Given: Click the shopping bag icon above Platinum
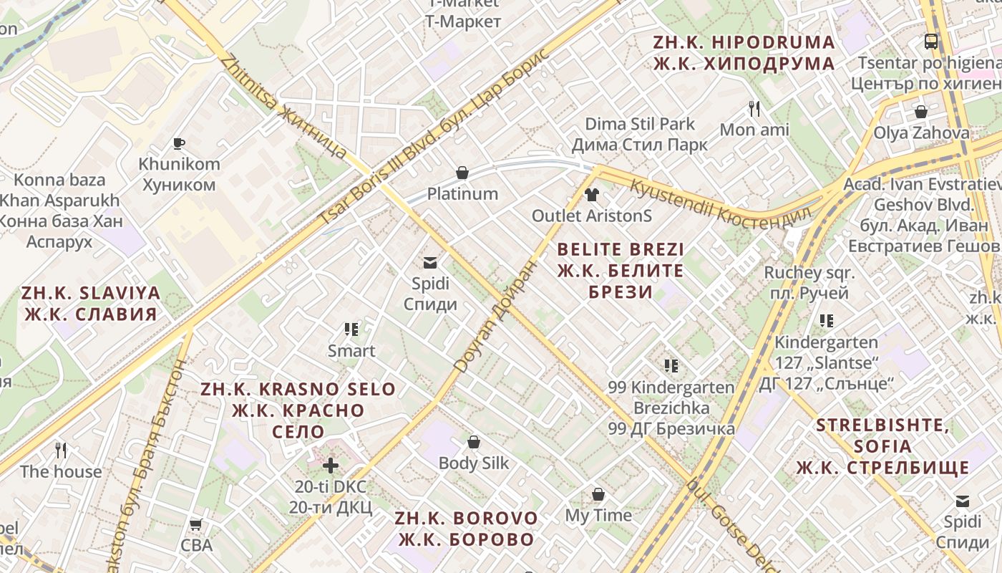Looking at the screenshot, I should coord(462,173).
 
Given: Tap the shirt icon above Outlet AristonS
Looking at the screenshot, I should coord(591,194).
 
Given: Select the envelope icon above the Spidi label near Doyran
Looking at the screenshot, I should coord(430,263).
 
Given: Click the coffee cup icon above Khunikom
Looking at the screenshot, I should coord(179,143).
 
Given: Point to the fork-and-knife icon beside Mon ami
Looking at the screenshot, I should coord(754,109).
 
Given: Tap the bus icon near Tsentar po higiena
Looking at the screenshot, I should coord(930,42).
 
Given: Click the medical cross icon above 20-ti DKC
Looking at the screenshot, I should coord(330,466).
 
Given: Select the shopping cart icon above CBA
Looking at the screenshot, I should coord(195,524).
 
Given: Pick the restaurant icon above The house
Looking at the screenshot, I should coord(61,451).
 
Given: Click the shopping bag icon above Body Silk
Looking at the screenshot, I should coord(473,442).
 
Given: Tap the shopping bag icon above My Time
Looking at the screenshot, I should coord(598,494).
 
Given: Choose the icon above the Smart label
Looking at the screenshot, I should coord(351,329).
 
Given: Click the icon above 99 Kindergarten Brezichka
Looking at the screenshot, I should coord(671,366).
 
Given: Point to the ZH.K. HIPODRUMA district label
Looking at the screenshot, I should coord(744,53).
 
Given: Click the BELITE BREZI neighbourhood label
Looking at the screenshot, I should coord(620,271).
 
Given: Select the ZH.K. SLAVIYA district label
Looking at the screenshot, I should coord(91,303).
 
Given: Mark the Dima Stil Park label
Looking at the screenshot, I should coord(640,134).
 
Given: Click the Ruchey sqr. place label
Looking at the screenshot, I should coord(809,282).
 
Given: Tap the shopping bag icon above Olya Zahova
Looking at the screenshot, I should coord(920,112).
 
